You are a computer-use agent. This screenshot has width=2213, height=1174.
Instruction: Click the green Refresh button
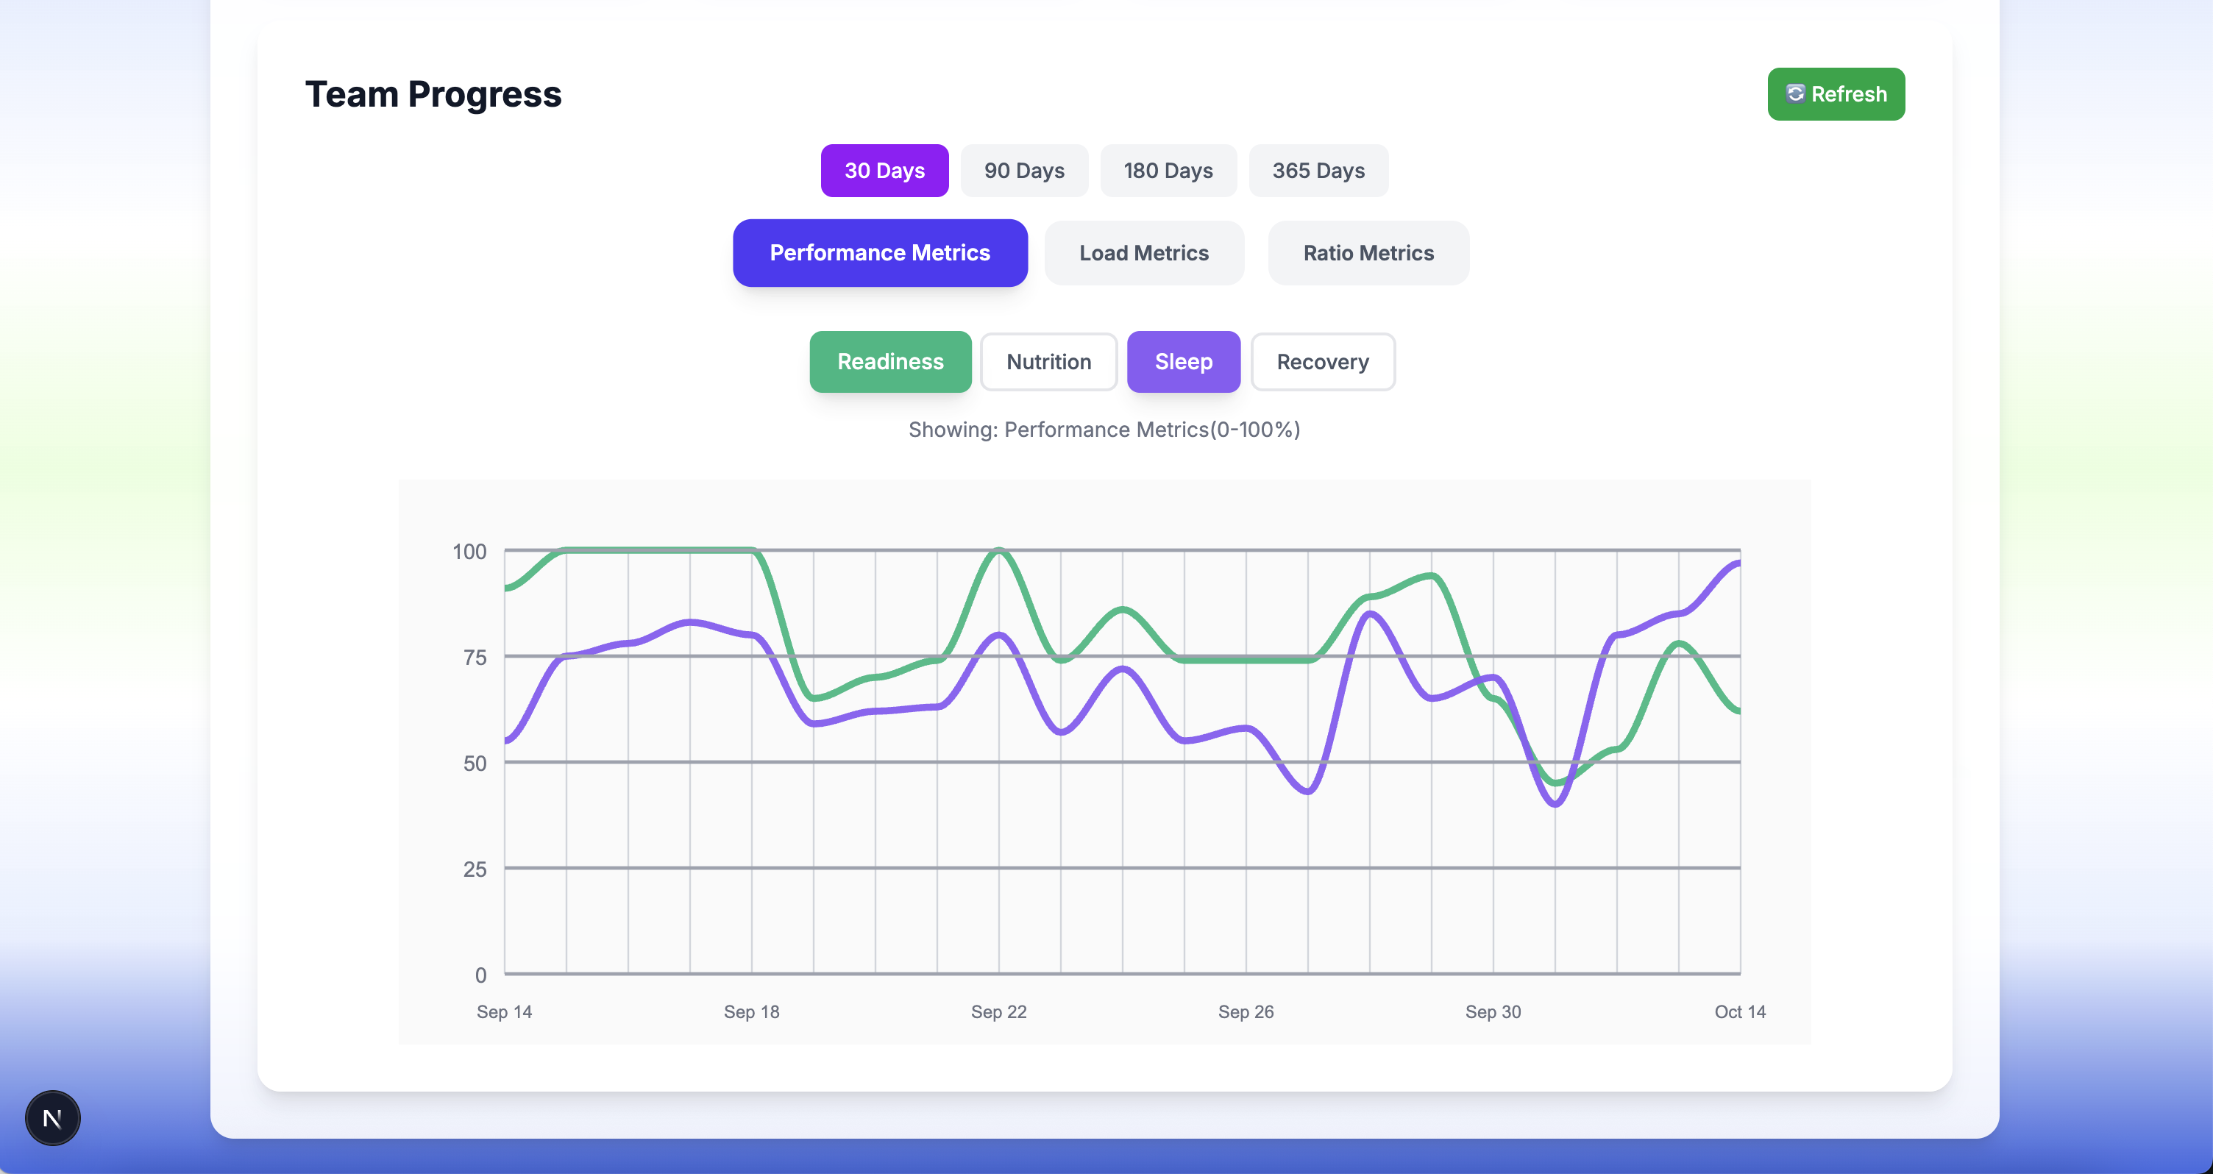[x=1835, y=93]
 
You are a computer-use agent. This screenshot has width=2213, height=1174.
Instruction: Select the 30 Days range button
[x=884, y=170]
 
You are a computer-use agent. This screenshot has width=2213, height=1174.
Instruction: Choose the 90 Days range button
[x=1023, y=170]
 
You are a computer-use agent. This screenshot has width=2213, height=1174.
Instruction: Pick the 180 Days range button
[x=1168, y=170]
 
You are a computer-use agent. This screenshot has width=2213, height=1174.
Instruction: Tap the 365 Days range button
[x=1318, y=170]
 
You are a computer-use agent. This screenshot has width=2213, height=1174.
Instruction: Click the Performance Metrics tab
[x=880, y=252]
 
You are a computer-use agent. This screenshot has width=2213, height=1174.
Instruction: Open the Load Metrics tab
[x=1143, y=252]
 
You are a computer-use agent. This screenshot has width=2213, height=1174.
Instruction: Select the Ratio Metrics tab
[x=1368, y=252]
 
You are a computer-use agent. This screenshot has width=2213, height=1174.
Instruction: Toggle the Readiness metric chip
[x=890, y=362]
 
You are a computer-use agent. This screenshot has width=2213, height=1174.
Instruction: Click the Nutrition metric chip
[x=1048, y=362]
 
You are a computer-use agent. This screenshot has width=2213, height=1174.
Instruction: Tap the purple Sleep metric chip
[x=1183, y=362]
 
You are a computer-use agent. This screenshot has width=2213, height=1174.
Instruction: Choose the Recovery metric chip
[x=1322, y=362]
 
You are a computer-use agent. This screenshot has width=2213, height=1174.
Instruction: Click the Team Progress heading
[x=433, y=93]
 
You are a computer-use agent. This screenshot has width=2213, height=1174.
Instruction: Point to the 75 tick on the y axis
[x=475, y=657]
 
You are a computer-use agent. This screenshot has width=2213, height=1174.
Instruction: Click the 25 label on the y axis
[x=475, y=869]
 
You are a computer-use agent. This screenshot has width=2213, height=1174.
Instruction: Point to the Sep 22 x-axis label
[x=998, y=1011]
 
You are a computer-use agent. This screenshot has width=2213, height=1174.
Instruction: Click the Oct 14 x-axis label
[x=1740, y=1011]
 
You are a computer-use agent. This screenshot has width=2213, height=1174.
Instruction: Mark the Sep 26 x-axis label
[x=1246, y=1011]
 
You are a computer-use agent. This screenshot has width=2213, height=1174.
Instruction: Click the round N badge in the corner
[x=52, y=1118]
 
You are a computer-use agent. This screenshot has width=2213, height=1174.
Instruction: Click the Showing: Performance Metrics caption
[x=1104, y=430]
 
